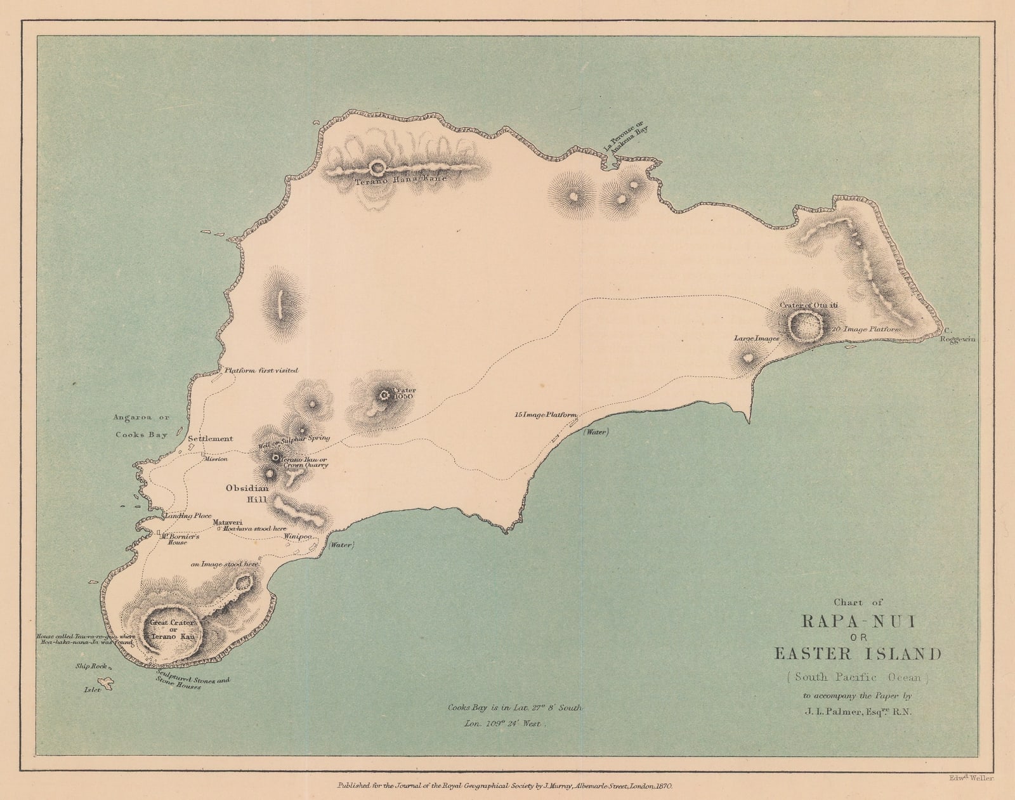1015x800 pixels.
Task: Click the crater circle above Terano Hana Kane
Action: pyautogui.click(x=377, y=168)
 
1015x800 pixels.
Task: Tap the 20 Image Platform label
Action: pyautogui.click(x=865, y=330)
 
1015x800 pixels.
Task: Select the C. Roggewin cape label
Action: pyautogui.click(x=956, y=335)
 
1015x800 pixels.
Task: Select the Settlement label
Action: pyautogui.click(x=210, y=438)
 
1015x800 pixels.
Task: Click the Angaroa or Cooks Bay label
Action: pyautogui.click(x=141, y=426)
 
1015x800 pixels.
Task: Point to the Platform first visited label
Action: pyautogui.click(x=261, y=370)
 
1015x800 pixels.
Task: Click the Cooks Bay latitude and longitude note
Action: pyautogui.click(x=514, y=715)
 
